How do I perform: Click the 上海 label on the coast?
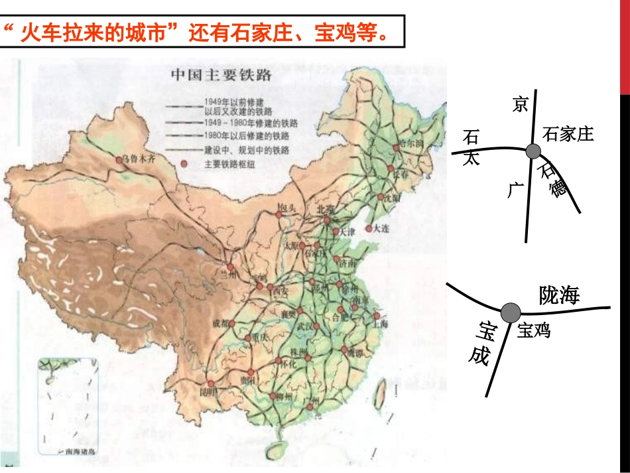(x=381, y=324)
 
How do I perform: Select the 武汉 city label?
(x=306, y=326)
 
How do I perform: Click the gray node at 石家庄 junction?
(x=533, y=151)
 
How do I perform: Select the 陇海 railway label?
(x=559, y=295)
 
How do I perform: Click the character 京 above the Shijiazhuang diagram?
(x=520, y=104)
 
